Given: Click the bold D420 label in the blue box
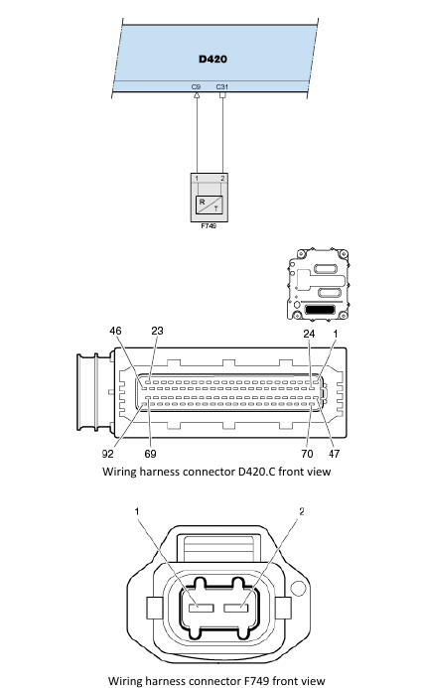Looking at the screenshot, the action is click(x=212, y=59).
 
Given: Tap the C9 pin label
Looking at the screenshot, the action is click(x=196, y=87).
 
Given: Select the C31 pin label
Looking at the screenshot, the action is click(x=222, y=87).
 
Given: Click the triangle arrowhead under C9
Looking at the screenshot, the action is click(x=197, y=94).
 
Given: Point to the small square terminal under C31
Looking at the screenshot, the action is click(x=222, y=94).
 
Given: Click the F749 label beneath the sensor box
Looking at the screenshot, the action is click(x=209, y=226).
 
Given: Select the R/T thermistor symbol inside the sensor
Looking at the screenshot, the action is click(x=210, y=205).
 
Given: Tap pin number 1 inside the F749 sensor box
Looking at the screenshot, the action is click(x=197, y=179).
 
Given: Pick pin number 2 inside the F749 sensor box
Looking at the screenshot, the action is click(x=222, y=179).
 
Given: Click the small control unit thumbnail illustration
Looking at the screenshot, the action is click(x=318, y=284).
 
